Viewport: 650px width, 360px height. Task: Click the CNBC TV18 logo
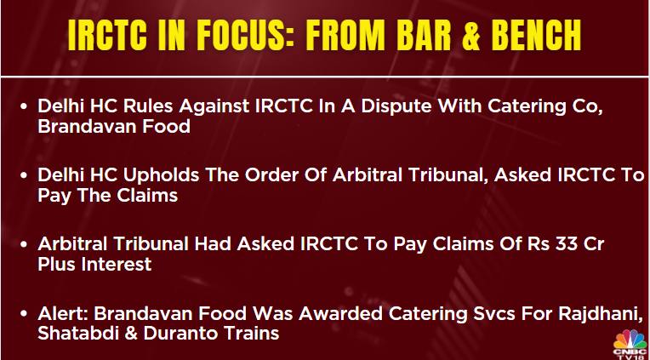[x=630, y=345]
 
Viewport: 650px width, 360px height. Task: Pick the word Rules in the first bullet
[x=147, y=106]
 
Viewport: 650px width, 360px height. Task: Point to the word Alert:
[x=63, y=313]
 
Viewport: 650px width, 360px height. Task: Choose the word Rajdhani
[x=601, y=315]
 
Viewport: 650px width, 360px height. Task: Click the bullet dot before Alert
[x=24, y=314]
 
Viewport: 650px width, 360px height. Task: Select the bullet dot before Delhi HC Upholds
[x=24, y=176]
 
